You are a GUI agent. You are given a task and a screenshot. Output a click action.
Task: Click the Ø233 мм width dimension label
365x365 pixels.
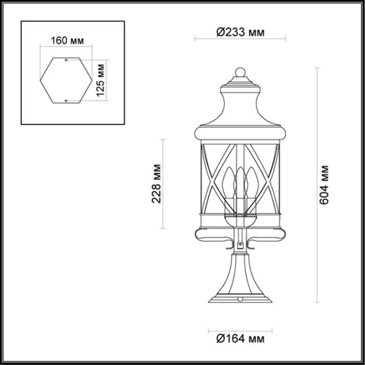[x=240, y=33]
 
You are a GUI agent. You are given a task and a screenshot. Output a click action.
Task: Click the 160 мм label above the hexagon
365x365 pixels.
[x=66, y=40]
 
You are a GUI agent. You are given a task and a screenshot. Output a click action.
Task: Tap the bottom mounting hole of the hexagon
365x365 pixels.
[x=67, y=99]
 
